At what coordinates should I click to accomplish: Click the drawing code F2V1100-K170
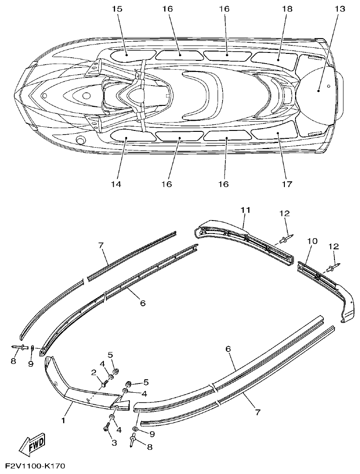pyautogui.click(x=35, y=466)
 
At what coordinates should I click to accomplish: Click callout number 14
pyautogui.click(x=116, y=184)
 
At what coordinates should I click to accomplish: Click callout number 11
pyautogui.click(x=245, y=210)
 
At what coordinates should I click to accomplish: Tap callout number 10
pyautogui.click(x=312, y=241)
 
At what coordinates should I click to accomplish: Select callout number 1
pyautogui.click(x=63, y=420)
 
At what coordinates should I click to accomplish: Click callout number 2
pyautogui.click(x=94, y=372)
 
